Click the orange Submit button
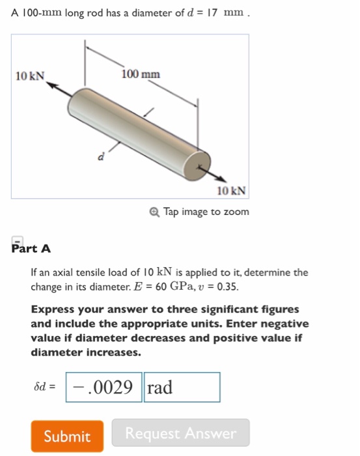[x=67, y=436]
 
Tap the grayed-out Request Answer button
[x=180, y=433]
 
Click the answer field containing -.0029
[x=104, y=388]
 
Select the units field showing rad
[x=182, y=388]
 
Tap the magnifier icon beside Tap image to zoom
[x=154, y=212]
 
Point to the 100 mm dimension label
[x=140, y=74]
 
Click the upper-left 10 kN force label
[x=29, y=76]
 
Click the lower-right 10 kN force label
[x=232, y=190]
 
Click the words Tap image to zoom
[x=206, y=212]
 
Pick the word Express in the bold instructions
[x=52, y=309]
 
